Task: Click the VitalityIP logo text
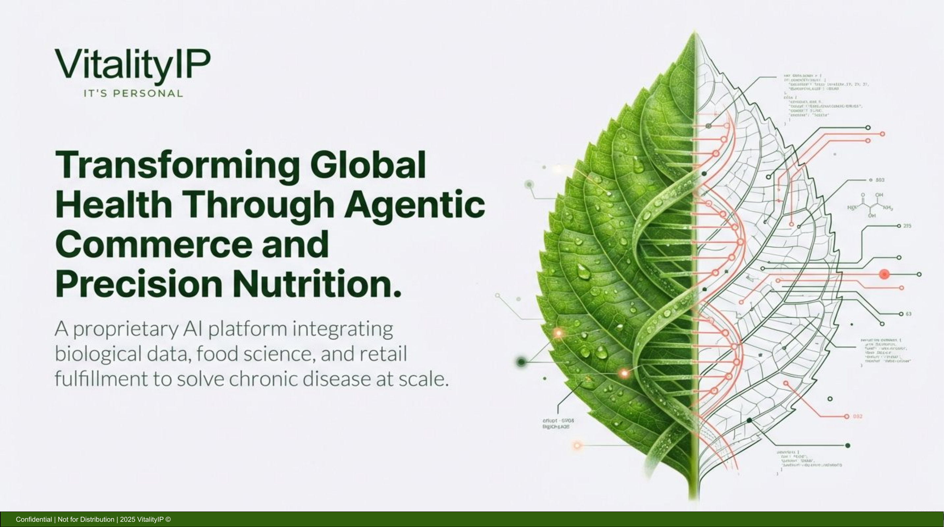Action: [x=133, y=65]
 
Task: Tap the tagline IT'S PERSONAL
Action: [x=133, y=94]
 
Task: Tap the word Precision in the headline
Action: [x=138, y=284]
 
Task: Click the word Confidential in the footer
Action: [x=34, y=519]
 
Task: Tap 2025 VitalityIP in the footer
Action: [x=141, y=519]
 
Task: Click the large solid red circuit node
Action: [x=884, y=274]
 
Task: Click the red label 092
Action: [x=858, y=417]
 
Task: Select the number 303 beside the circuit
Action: [x=880, y=180]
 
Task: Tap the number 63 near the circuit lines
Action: [x=908, y=314]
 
